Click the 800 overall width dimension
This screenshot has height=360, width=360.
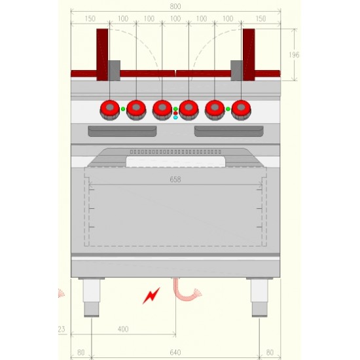(175, 7)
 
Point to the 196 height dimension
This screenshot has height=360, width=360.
(294, 55)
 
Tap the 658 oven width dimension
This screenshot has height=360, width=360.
(175, 179)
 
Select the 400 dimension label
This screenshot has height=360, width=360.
(123, 329)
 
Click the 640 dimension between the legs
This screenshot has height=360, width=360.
(175, 352)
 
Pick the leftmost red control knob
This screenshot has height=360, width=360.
(110, 110)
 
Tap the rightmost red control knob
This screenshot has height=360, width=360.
(241, 110)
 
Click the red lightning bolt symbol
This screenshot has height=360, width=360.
(151, 295)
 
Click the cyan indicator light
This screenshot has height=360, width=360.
(175, 117)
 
